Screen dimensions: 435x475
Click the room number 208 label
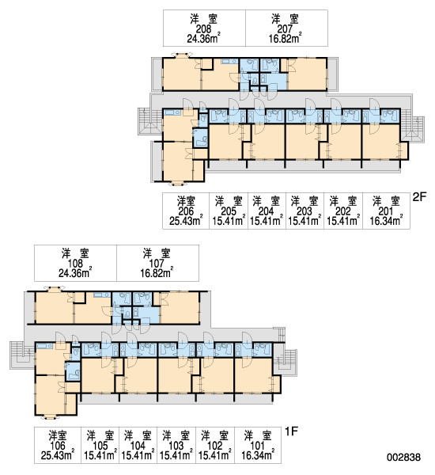(x=203, y=29)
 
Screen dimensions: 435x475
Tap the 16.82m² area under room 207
(x=286, y=39)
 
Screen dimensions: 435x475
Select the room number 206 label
(x=186, y=211)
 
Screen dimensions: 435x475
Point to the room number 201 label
(x=386, y=211)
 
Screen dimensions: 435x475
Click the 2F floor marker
(x=419, y=197)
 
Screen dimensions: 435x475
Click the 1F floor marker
(x=292, y=431)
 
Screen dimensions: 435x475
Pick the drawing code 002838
(x=403, y=457)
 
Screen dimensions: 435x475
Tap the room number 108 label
(x=75, y=264)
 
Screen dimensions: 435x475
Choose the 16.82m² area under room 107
(x=157, y=273)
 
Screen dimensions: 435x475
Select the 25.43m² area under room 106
(x=58, y=455)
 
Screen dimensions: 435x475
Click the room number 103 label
(x=176, y=446)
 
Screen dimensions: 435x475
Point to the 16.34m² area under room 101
(x=258, y=455)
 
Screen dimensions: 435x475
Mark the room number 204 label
(x=266, y=211)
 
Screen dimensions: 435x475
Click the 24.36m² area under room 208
(x=203, y=39)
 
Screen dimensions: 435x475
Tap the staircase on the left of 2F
(x=150, y=121)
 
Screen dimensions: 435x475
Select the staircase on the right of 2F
(x=413, y=129)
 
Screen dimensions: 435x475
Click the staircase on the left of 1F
(x=22, y=355)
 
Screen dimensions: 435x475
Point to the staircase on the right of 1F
(x=286, y=362)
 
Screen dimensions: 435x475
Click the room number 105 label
(x=100, y=446)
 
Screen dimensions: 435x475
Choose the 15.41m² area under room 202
(x=343, y=220)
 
